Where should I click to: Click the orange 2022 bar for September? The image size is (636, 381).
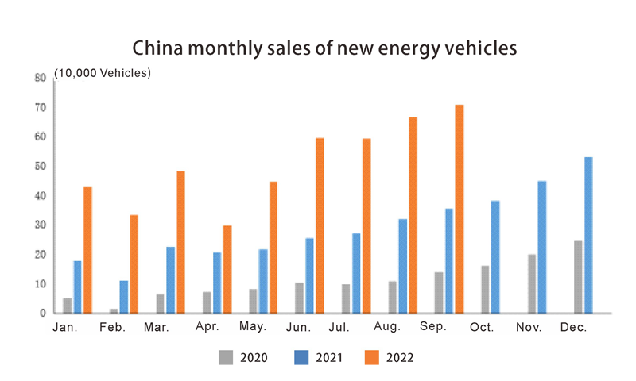click(459, 209)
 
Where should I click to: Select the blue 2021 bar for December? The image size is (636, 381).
click(588, 235)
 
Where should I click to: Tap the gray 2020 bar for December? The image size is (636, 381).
click(578, 276)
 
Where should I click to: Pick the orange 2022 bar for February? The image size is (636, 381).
click(134, 264)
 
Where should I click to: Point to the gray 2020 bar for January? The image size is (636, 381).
click(68, 306)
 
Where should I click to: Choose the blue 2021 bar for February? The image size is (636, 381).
click(124, 296)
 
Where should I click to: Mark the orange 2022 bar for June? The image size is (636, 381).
click(320, 225)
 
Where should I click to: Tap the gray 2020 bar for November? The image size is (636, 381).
click(532, 283)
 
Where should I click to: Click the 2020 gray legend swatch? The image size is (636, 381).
click(227, 358)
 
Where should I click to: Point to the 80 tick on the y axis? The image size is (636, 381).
click(40, 78)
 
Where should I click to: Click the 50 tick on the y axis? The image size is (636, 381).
click(40, 166)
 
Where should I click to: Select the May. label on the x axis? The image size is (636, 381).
click(252, 327)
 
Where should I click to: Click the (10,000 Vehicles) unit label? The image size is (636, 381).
click(103, 73)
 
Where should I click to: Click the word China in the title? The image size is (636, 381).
click(155, 48)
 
